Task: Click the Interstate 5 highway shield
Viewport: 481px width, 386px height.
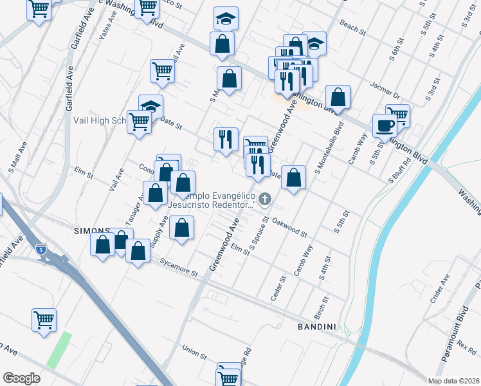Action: click(41, 248)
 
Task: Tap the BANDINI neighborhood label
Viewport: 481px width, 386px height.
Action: click(317, 327)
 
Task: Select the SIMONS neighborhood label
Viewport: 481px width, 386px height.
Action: click(91, 230)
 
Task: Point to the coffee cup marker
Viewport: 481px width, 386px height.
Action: click(385, 125)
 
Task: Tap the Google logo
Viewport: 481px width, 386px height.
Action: click(21, 378)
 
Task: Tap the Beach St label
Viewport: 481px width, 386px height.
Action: click(352, 29)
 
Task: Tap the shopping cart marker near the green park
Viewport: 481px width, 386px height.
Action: click(44, 319)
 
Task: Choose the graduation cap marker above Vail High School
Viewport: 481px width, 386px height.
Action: click(150, 106)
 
